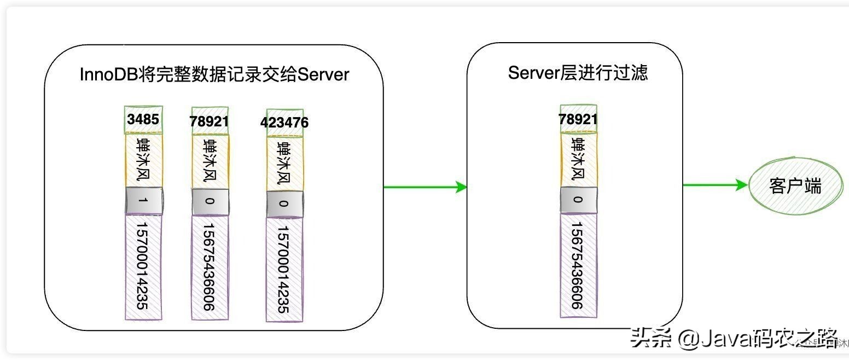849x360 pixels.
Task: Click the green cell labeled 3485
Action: pos(143,120)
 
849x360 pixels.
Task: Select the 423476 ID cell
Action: pos(284,122)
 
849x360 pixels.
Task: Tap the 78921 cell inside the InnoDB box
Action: pos(210,121)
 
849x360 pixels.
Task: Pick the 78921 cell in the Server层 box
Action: pos(578,119)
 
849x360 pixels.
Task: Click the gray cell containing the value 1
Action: pos(143,201)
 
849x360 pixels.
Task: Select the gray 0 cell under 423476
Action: pos(284,204)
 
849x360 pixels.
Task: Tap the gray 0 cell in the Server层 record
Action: pos(578,200)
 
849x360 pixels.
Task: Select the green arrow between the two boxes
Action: pos(425,187)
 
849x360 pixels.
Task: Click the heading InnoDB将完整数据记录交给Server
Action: pos(214,74)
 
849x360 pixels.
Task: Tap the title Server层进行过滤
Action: pos(578,72)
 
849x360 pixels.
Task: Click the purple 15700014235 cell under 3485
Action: pos(143,266)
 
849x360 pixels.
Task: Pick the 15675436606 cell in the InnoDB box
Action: pos(210,266)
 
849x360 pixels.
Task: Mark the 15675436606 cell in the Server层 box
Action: pos(578,265)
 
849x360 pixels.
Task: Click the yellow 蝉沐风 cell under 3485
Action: pos(143,161)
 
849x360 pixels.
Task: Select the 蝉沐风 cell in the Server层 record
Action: pos(578,159)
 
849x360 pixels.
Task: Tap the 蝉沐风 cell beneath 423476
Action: pos(284,163)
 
